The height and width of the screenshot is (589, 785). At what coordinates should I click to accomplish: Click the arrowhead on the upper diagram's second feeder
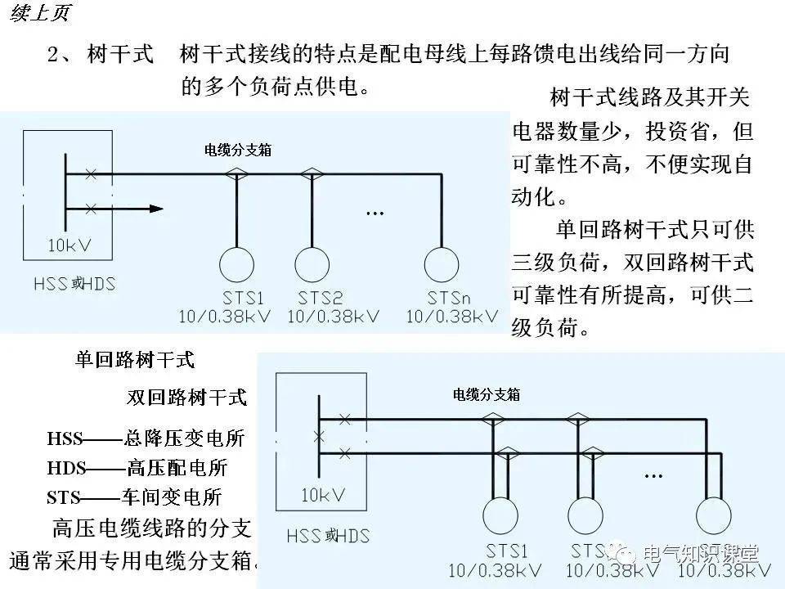point(155,209)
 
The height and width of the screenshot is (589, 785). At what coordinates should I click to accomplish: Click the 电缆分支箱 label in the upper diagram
point(238,151)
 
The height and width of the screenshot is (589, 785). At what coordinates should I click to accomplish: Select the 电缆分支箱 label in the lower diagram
point(487,394)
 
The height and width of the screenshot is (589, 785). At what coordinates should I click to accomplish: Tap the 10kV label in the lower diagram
point(323,495)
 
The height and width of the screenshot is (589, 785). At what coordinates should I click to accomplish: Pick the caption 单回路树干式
point(135,359)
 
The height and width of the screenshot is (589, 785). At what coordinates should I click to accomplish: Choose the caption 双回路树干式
point(186,398)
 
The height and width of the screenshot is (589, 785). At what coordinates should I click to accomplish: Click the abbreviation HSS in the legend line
point(65,438)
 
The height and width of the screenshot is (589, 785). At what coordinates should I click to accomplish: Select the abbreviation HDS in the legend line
point(65,468)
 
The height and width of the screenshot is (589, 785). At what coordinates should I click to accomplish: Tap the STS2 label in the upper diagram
point(320,297)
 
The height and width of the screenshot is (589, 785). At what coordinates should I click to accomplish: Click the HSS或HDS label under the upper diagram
point(75,285)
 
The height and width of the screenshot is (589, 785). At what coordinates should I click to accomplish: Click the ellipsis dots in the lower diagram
point(653,475)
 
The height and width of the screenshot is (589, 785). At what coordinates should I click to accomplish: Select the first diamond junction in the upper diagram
point(236,173)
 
